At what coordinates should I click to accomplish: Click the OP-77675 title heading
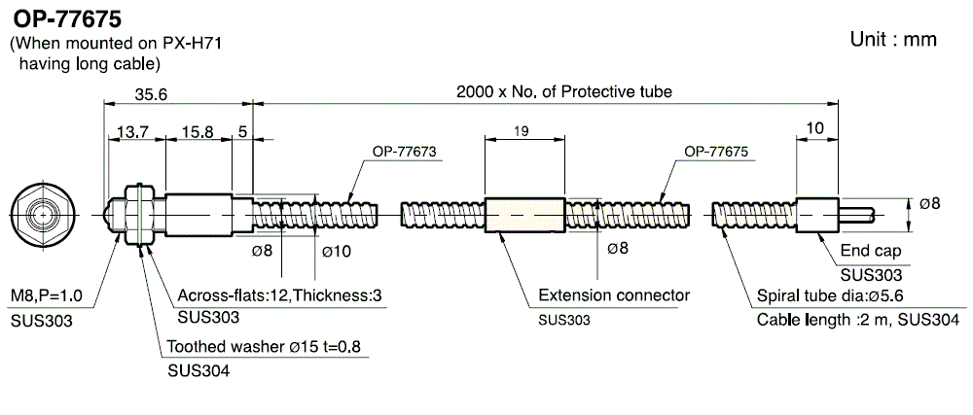point(67,18)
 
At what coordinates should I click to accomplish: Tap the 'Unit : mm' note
point(893,39)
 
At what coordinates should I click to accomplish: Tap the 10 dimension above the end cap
point(815,128)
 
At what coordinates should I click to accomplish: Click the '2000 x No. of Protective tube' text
point(564,91)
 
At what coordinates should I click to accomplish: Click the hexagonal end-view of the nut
point(40,212)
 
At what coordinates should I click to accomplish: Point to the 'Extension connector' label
point(614,295)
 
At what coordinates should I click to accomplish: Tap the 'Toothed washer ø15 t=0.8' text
point(258,346)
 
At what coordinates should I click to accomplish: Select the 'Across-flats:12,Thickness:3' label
point(280,295)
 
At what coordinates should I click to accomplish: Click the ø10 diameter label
point(335,253)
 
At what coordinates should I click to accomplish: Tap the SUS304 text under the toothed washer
point(198,369)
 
